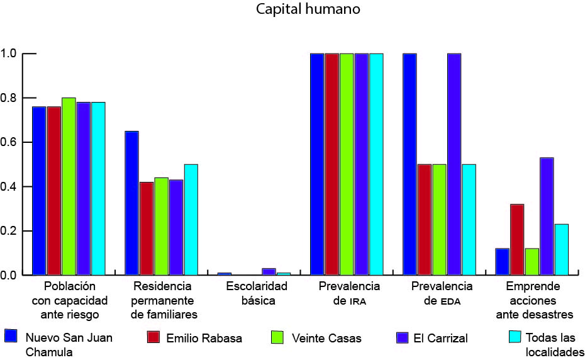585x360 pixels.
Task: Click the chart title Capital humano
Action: [308, 10]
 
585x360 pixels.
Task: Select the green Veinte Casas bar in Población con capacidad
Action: [69, 186]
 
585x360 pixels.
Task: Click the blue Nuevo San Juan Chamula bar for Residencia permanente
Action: [131, 203]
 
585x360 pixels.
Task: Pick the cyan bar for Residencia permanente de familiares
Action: [191, 220]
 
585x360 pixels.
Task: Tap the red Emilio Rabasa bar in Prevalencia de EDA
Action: [425, 220]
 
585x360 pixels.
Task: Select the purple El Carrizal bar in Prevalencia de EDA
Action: [454, 164]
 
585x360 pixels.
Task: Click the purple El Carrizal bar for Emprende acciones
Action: [547, 217]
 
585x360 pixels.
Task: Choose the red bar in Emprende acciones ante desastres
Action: [517, 240]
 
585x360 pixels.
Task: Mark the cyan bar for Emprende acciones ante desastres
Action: [561, 250]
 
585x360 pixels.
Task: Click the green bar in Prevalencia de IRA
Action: [347, 164]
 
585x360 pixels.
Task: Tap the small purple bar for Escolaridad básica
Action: [269, 272]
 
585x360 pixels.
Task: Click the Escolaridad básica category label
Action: [257, 293]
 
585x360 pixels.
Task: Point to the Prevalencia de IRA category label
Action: [349, 293]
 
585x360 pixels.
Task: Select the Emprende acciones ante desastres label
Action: [533, 300]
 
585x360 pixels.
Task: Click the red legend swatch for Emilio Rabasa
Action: [153, 337]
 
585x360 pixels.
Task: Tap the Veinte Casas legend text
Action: [326, 338]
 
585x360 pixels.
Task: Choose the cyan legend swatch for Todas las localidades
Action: [514, 337]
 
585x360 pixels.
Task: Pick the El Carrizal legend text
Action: [440, 338]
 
